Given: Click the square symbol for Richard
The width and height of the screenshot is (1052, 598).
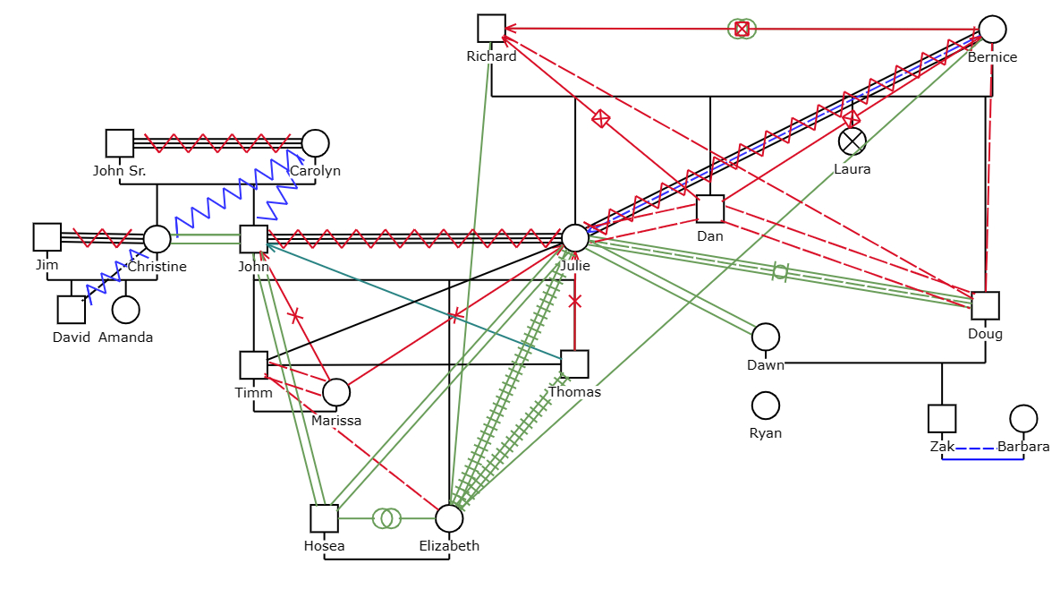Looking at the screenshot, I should coord(491,28).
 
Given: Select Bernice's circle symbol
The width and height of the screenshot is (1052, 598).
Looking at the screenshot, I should coord(992,30).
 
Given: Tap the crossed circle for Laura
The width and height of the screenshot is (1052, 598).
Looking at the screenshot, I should coord(853,141).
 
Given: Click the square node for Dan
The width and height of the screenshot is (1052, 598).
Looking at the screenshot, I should coord(710,209).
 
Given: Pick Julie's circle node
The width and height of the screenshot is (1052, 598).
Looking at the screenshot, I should coord(575,238).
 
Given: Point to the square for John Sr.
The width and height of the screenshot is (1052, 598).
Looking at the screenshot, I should coord(120,143).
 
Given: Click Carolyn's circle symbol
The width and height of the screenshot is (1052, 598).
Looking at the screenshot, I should coord(315,143).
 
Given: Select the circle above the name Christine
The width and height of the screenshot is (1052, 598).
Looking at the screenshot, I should coord(157,239).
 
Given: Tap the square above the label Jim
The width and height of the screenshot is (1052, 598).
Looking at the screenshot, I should coord(47,237).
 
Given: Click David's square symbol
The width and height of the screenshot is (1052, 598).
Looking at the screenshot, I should coord(72,310).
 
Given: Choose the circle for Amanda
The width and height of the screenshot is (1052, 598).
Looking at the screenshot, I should coord(125,310).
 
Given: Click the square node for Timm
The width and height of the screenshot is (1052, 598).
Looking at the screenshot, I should coord(254,365).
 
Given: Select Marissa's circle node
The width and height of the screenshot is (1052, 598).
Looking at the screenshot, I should coord(335,392).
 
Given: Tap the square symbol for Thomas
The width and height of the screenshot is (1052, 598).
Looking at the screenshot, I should coord(574,363).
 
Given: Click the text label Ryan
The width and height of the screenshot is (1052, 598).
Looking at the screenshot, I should coord(766,433).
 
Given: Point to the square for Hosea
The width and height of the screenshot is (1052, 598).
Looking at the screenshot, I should coord(325,518).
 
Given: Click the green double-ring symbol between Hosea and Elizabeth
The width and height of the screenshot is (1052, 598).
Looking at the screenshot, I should coord(386,518).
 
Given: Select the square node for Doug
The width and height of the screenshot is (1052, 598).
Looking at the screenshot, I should coord(985,306).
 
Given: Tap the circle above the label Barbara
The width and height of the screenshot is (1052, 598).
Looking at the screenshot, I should coord(1023,418).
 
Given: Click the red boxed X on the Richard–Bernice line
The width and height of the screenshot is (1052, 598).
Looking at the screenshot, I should coord(742,29).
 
